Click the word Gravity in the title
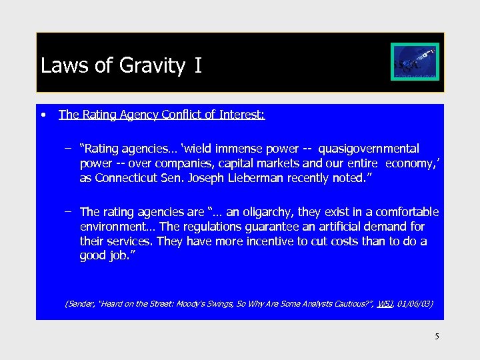coord(153,65)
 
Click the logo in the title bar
coord(415,61)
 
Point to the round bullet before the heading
coord(43,114)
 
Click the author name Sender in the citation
coord(80,304)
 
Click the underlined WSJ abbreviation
coord(385,304)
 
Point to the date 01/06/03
coord(414,304)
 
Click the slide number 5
coord(437,337)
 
